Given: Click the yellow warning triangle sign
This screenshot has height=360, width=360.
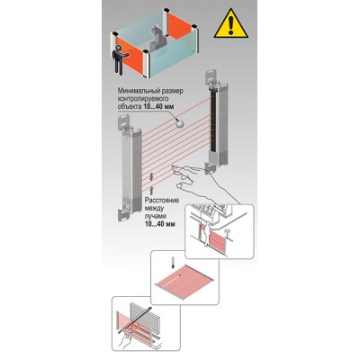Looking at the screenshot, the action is coord(230,25).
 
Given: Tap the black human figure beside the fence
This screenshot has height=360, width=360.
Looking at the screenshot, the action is coord(120,60).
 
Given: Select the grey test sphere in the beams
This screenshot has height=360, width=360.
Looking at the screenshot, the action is coord(179,123).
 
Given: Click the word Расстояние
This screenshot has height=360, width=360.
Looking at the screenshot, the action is coord(162,200).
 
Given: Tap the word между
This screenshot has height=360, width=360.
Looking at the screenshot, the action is coord(154,208).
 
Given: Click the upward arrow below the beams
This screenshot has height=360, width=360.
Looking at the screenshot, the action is coord(151,190).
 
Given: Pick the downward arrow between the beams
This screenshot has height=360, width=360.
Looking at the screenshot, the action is coord(151,176).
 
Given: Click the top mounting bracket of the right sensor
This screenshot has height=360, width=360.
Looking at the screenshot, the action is coord(211,76).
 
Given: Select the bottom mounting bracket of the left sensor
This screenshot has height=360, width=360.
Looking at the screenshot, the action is coord(124,213).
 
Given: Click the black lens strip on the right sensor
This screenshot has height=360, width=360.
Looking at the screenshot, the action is coord(213,119).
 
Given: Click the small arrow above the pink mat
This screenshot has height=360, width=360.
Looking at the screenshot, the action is coord(173,261).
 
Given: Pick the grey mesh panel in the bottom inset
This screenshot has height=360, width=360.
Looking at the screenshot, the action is coord(146,318).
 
